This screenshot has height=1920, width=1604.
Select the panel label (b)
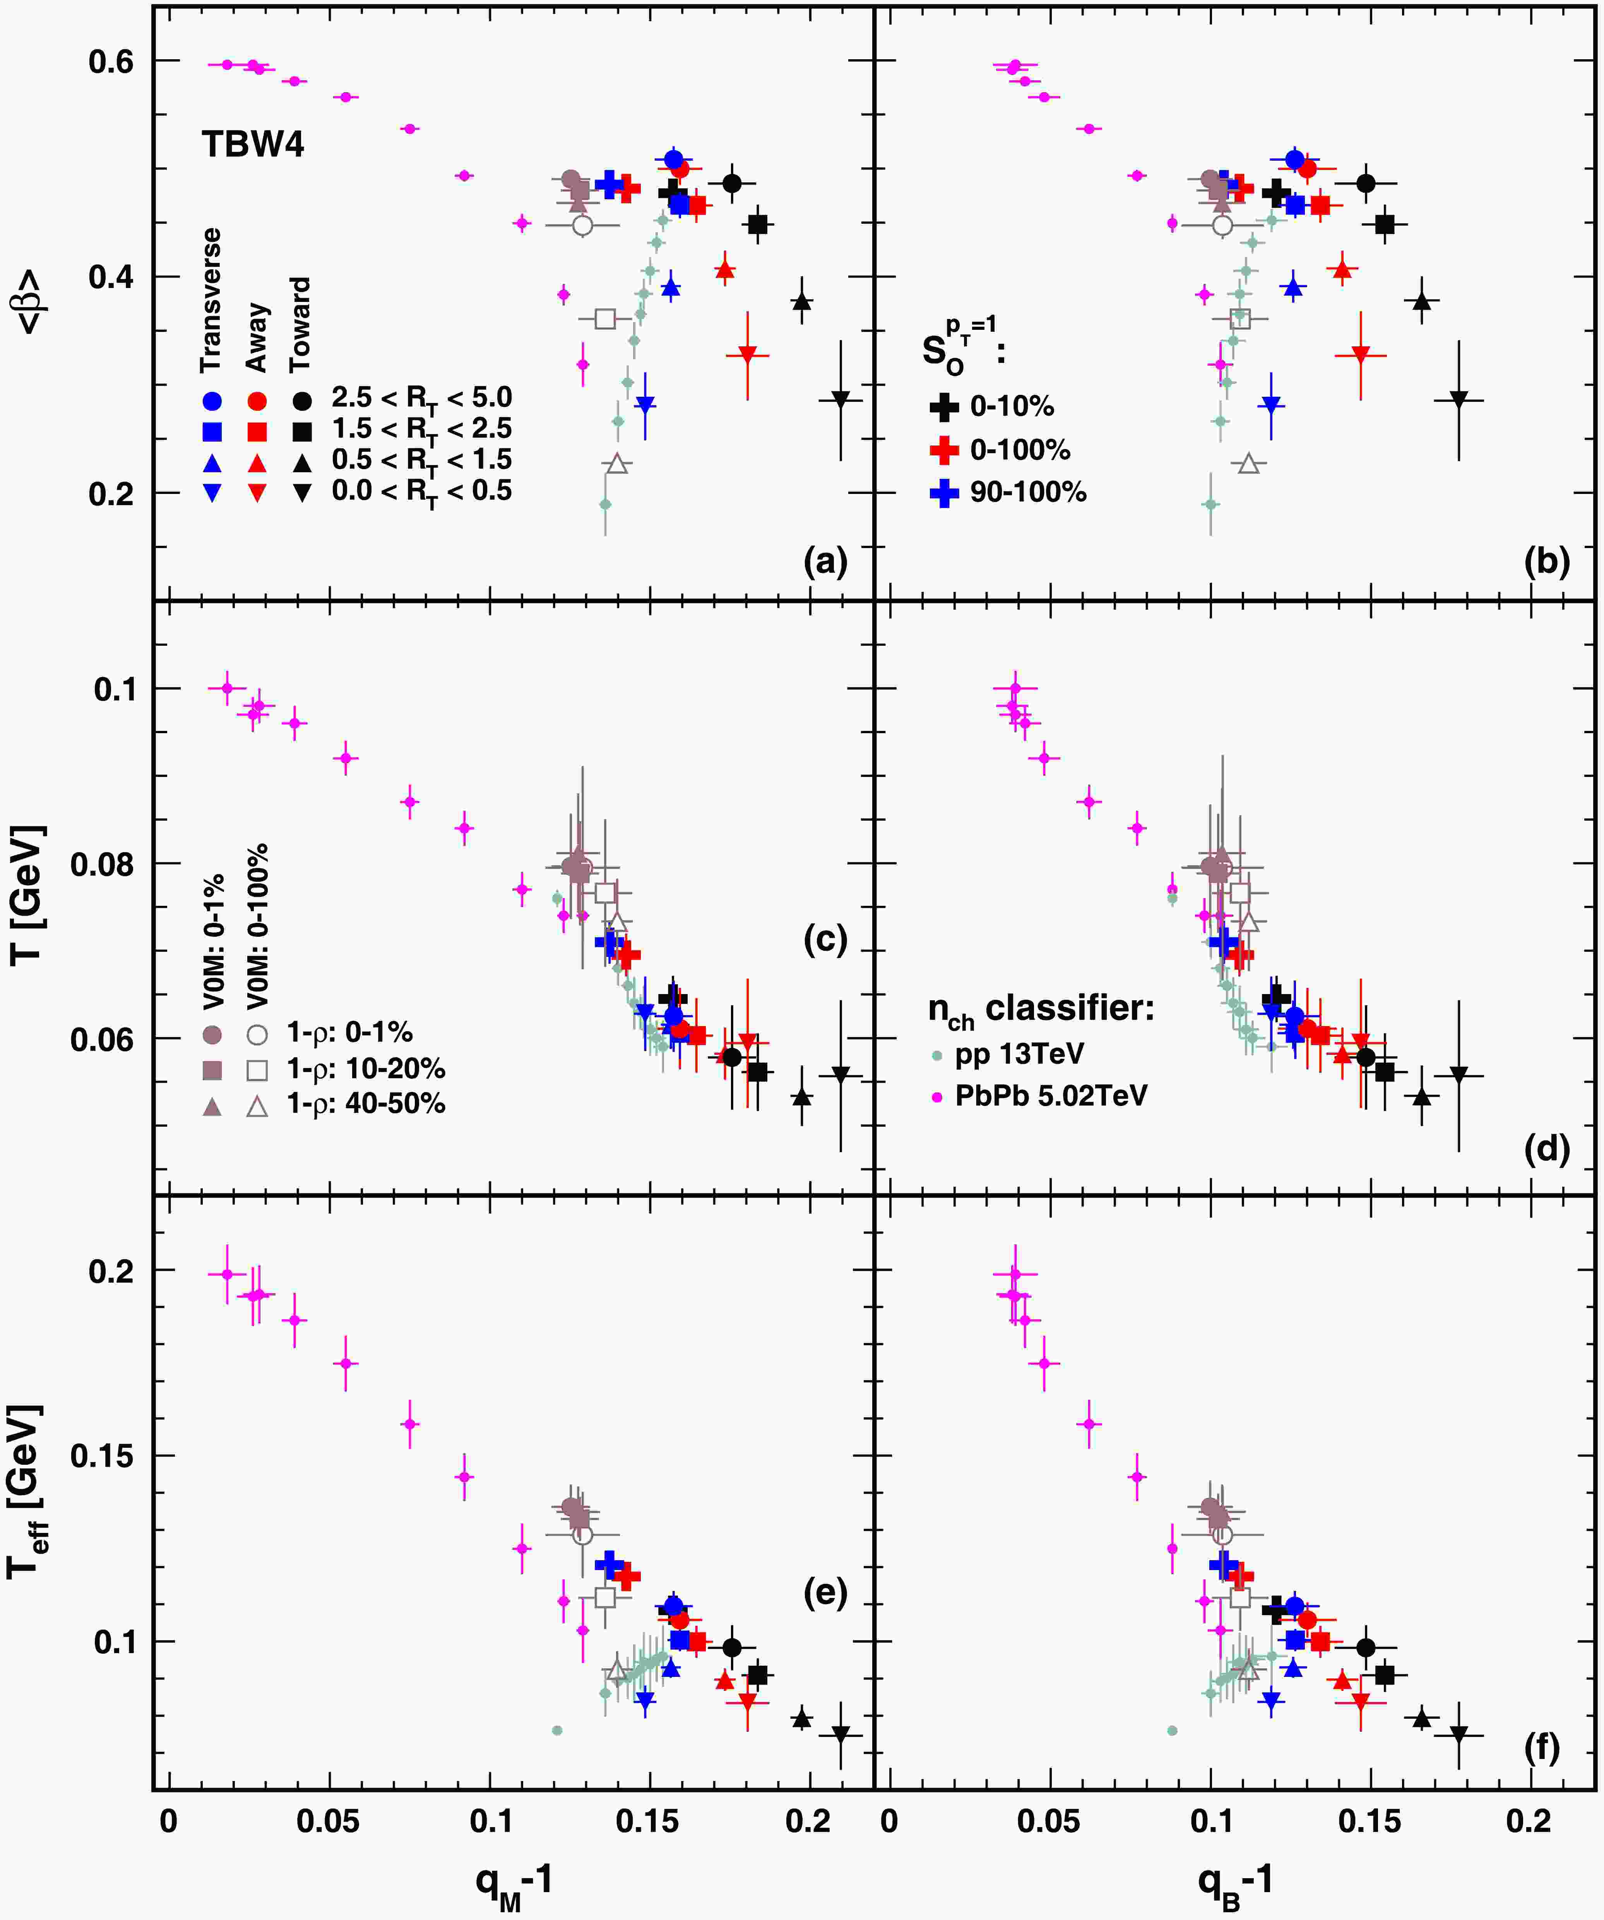1546,561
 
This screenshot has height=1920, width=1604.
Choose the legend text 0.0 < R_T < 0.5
421,492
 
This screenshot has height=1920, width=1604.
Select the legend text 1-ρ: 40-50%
366,1104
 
